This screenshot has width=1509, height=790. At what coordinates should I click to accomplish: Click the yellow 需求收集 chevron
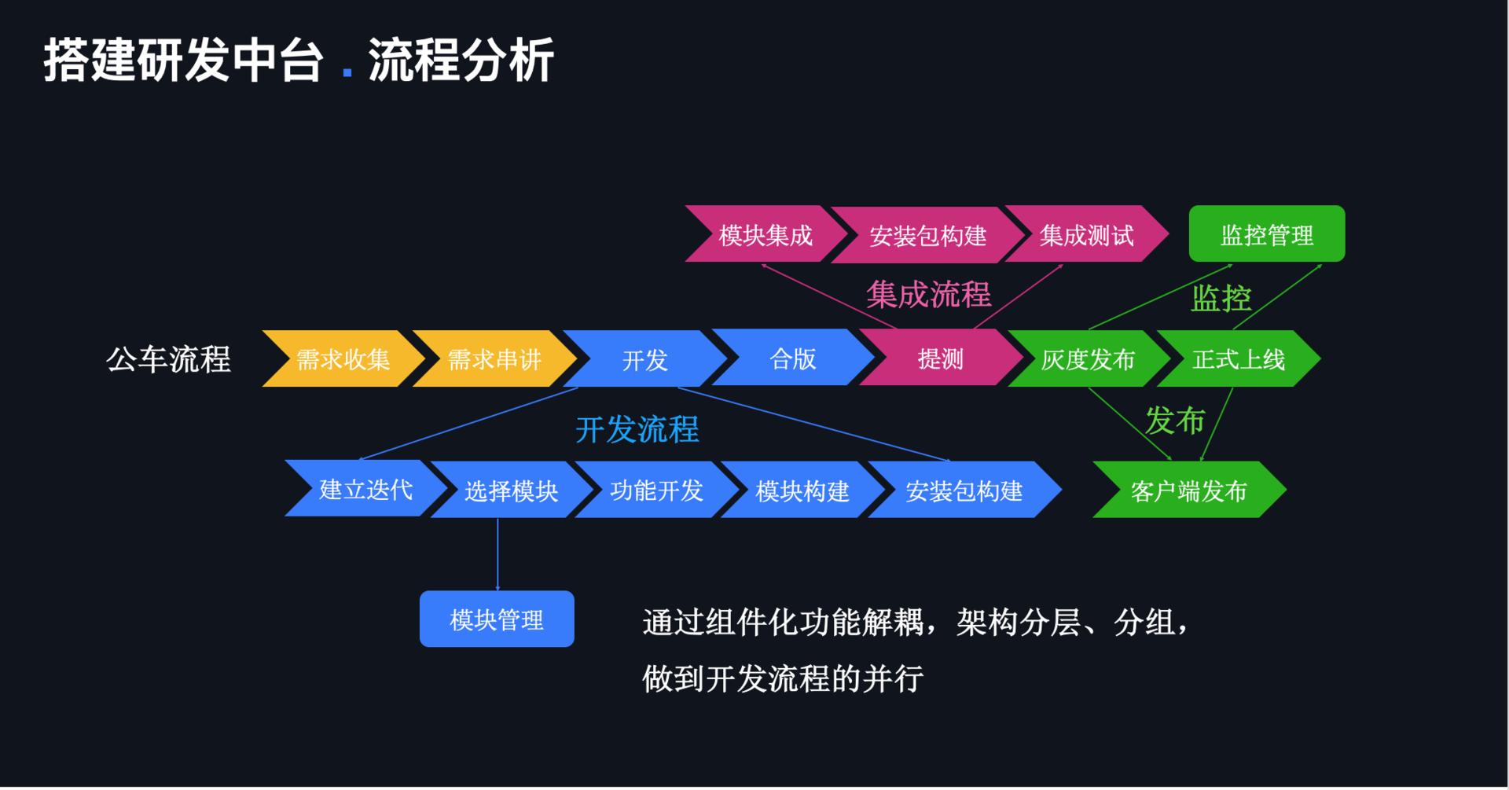tap(343, 359)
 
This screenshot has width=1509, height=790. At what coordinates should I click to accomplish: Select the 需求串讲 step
tap(494, 359)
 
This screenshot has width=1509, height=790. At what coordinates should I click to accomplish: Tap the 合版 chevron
tap(792, 358)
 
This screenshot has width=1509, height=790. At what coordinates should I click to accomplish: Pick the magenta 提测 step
tap(940, 358)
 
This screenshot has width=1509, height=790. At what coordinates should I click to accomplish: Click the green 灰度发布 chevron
tap(1088, 359)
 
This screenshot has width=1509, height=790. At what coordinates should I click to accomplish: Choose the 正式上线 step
tap(1238, 359)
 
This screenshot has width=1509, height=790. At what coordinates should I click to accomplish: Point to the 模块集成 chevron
tap(765, 234)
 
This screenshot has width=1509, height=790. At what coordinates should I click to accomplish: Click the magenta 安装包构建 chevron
tap(927, 235)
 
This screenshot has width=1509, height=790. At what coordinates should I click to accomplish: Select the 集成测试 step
tap(1086, 234)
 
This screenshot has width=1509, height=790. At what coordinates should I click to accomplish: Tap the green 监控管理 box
tap(1266, 234)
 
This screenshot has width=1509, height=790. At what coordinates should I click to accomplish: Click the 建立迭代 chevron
tap(365, 489)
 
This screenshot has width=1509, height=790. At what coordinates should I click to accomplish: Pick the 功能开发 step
tap(656, 490)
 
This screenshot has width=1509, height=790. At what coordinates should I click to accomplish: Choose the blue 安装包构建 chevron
tap(964, 490)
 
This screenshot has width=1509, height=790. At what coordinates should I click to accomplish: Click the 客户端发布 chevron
tap(1188, 490)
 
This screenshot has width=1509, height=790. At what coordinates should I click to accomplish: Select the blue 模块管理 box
tap(497, 619)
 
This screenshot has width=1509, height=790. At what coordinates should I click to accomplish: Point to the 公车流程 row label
tap(168, 359)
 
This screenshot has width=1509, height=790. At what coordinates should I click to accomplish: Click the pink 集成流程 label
tap(928, 295)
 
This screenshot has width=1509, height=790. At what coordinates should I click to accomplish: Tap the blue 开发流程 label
tap(637, 429)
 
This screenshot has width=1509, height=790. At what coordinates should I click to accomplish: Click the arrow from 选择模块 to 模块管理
tap(497, 554)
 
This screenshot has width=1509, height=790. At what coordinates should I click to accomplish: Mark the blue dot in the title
tap(347, 73)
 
